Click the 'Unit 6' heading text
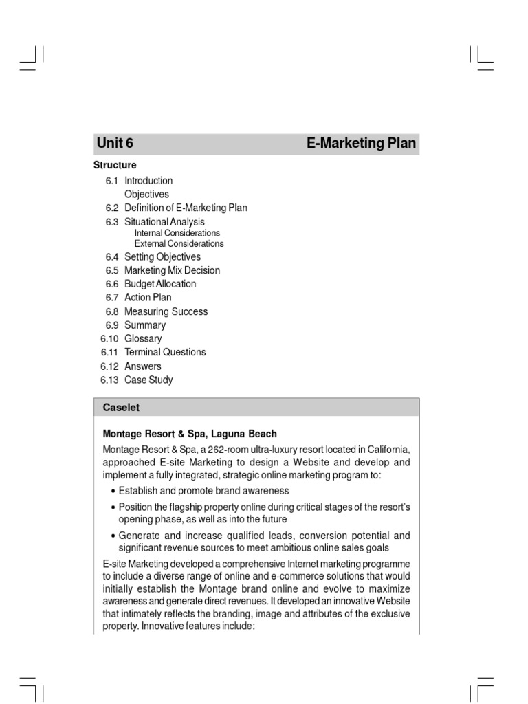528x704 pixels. [x=115, y=144]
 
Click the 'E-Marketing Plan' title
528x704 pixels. [x=361, y=144]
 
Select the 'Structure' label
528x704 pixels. [x=115, y=165]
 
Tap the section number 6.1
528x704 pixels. [x=112, y=181]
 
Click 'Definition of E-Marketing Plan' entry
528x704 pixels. [x=186, y=208]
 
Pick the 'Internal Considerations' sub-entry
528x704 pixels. [x=177, y=233]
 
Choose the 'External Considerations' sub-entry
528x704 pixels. [x=179, y=243]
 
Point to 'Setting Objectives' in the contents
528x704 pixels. [x=162, y=256]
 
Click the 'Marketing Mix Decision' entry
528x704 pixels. [x=172, y=270]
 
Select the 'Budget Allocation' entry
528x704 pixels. [x=160, y=284]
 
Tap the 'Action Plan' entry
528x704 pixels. [x=148, y=298]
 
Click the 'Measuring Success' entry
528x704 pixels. [x=166, y=311]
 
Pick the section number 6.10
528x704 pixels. [x=110, y=339]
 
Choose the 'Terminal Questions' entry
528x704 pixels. [x=165, y=352]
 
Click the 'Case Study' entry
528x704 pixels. [x=148, y=379]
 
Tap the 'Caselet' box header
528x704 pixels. [x=121, y=407]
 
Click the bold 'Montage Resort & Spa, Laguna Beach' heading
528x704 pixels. [x=190, y=434]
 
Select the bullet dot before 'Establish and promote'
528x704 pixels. [x=113, y=491]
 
